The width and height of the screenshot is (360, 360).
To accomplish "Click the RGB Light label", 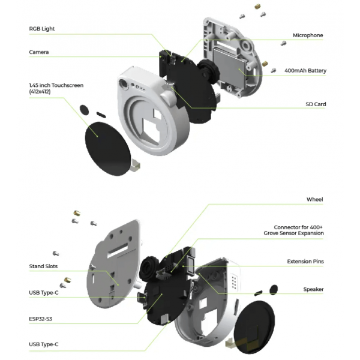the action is pyautogui.click(x=42, y=29).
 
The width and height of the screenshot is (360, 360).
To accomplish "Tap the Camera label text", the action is pyautogui.click(x=39, y=52).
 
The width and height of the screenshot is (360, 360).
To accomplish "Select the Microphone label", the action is pyautogui.click(x=308, y=35).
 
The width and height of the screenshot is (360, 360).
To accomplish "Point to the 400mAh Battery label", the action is pyautogui.click(x=305, y=70).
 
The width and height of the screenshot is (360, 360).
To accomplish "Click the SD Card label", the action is pyautogui.click(x=316, y=104).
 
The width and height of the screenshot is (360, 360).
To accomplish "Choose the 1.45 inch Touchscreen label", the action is pyautogui.click(x=56, y=88).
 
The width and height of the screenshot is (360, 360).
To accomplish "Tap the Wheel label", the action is pyautogui.click(x=314, y=200).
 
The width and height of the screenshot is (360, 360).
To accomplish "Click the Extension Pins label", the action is pyautogui.click(x=305, y=262).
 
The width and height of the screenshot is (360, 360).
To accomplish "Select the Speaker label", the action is pyautogui.click(x=313, y=289).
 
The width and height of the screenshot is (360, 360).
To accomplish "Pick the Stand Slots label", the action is pyautogui.click(x=43, y=266).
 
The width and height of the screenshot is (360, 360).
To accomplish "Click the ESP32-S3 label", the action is pyautogui.click(x=40, y=319).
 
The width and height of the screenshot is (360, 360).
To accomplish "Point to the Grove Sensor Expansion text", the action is pyautogui.click(x=293, y=233).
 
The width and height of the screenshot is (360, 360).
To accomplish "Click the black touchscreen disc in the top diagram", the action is pyautogui.click(x=107, y=149).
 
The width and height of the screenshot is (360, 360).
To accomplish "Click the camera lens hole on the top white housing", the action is pyautogui.click(x=124, y=83).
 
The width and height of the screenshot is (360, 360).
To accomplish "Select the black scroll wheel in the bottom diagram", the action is pyautogui.click(x=149, y=268).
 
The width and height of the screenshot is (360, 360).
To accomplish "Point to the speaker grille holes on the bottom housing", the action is pyautogui.click(x=234, y=281).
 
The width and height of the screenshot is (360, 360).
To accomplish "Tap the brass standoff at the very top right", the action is pyautogui.click(x=257, y=7).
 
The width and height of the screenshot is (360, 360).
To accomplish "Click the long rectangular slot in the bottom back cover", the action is pyautogui.click(x=118, y=250).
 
